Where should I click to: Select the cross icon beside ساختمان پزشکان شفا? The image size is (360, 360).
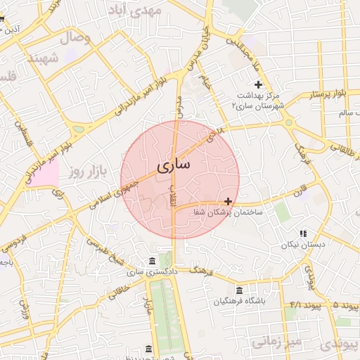228,201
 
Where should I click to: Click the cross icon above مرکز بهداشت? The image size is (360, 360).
258,84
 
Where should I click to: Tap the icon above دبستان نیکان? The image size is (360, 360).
303,233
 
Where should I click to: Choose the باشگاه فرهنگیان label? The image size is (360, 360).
240,302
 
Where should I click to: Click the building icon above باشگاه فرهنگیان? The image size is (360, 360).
240,290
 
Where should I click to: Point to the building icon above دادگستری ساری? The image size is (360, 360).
153,259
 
